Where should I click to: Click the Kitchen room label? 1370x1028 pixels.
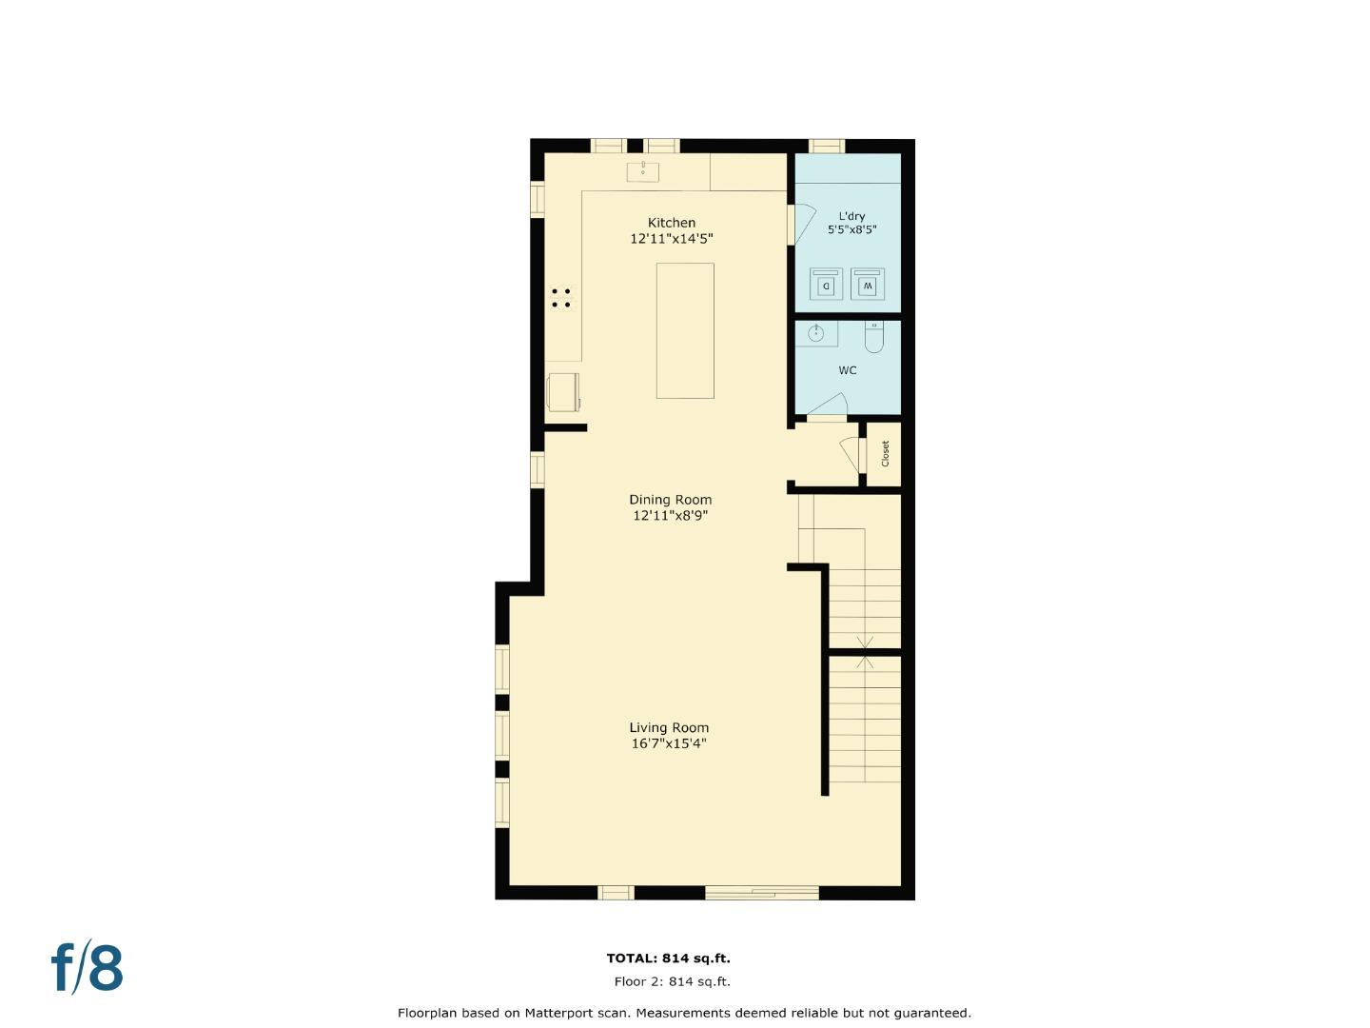point(671,223)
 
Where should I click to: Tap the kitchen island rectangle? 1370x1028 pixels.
point(685,330)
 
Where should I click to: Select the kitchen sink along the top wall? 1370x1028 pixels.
point(643,171)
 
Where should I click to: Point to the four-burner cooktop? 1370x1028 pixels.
point(561,298)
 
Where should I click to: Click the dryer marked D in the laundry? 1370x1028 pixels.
point(826,284)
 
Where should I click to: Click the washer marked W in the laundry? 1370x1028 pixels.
point(867,284)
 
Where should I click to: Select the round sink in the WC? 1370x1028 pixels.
point(816,333)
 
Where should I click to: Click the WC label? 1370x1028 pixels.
point(847,370)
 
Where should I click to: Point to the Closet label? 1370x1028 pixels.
point(885,453)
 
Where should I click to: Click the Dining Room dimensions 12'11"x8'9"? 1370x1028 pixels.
point(670,516)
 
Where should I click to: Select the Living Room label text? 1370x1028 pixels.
point(669,728)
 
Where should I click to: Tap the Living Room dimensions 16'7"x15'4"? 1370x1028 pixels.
point(669,743)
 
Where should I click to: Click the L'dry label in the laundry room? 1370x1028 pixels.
point(851,216)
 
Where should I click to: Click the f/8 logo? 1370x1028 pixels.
point(87,968)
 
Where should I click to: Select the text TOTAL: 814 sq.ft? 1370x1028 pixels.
point(668,959)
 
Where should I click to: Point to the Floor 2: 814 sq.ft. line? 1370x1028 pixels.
point(672,981)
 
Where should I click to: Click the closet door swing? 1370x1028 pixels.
point(849,453)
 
